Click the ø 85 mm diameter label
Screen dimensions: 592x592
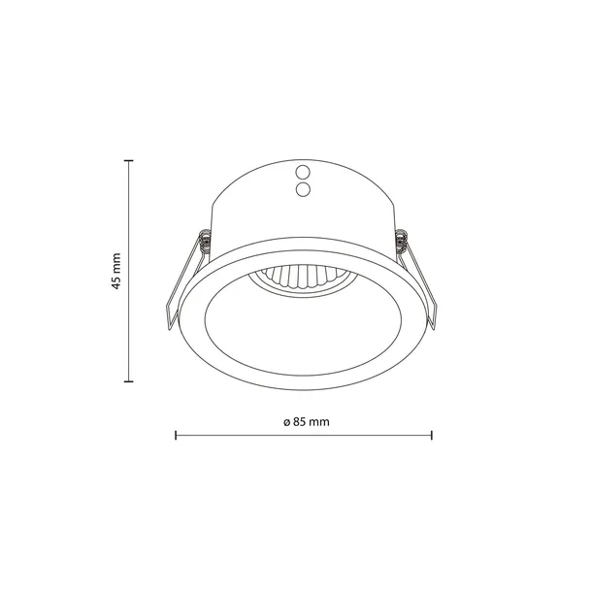click(303, 423)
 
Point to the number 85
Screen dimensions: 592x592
click(295, 423)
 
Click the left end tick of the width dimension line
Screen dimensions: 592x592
click(175, 436)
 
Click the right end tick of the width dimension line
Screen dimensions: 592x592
click(432, 436)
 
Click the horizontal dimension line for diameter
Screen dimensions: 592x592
click(369, 436)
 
